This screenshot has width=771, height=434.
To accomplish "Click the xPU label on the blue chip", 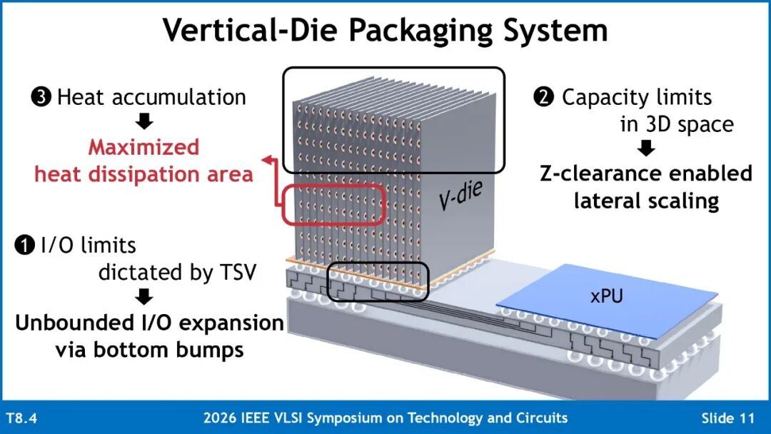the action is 606,296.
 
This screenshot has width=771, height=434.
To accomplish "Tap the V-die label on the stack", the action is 460,195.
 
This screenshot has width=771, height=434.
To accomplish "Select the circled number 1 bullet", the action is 24,246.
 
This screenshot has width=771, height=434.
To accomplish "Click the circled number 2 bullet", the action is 543,97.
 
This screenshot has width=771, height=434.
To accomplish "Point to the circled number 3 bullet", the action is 41,97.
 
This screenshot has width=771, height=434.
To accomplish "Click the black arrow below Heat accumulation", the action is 144,121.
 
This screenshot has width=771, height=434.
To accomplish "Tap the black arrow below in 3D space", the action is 645,148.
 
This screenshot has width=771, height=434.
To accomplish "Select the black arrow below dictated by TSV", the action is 144,296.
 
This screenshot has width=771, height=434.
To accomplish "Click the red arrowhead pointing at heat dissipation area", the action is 268,159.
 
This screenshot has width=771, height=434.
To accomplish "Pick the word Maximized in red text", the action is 143,148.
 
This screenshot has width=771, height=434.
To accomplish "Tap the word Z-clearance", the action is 600,173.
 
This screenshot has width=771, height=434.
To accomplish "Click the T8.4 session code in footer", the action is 21,418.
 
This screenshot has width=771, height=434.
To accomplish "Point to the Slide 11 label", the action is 727,418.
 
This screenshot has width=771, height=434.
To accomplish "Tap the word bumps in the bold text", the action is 217,350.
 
